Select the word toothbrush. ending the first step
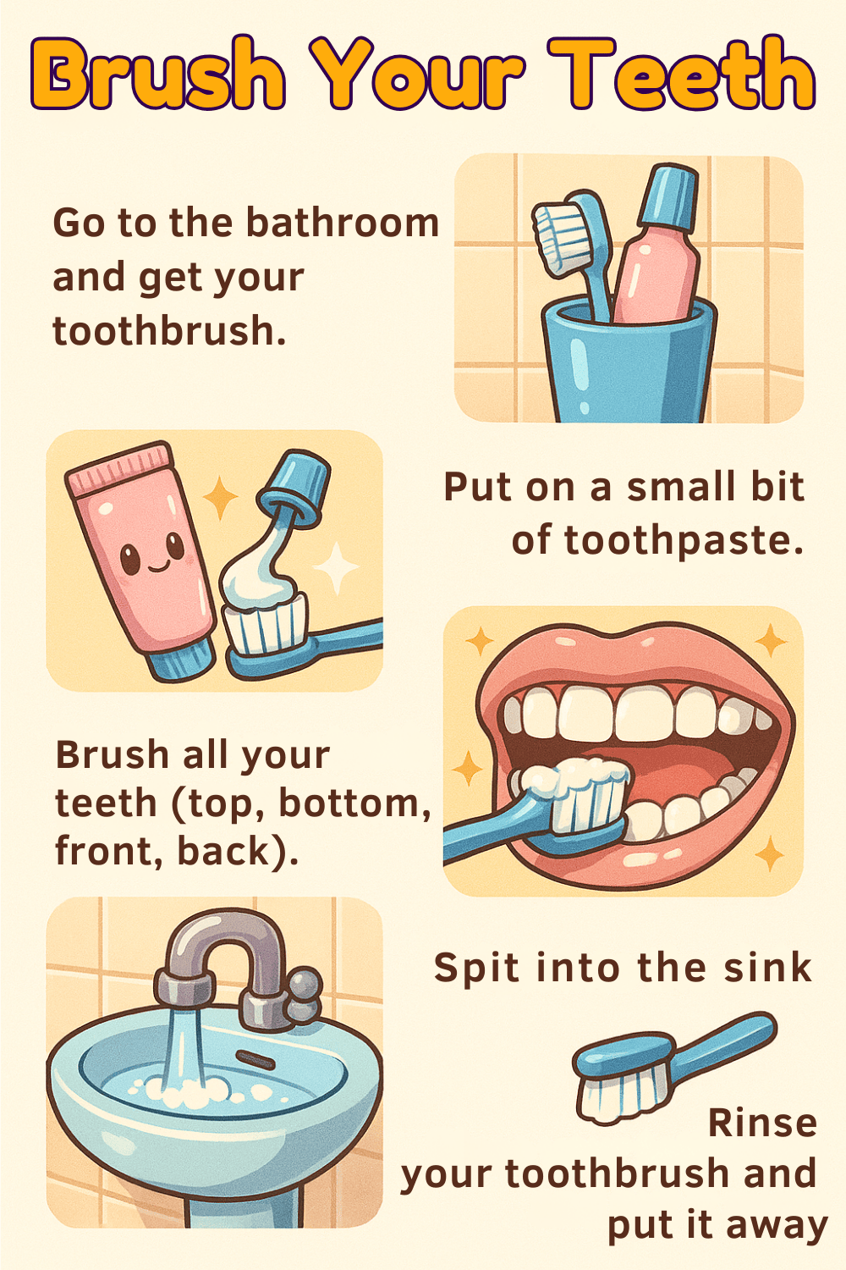point(169,330)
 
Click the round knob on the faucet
point(305,985)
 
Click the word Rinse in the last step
point(762,1124)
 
